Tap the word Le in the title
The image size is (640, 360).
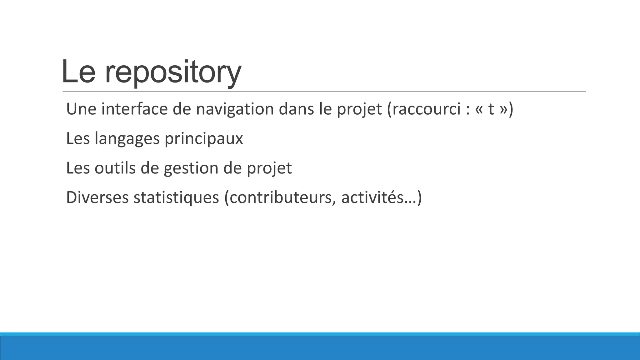pos(78,72)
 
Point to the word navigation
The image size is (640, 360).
pos(235,109)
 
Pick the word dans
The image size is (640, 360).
pos(296,109)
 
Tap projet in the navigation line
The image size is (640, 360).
pos(359,109)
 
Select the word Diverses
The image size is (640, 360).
pos(97,197)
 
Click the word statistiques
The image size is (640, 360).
pos(176,197)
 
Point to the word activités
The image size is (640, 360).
pos(372,197)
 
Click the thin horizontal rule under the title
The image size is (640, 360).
pos(324,91)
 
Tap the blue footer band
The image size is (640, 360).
pos(320,347)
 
